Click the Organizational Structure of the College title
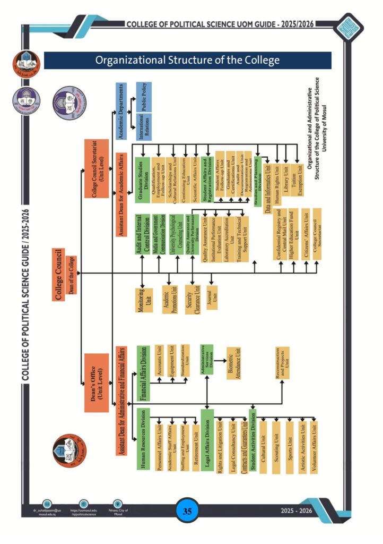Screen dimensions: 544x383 [187, 60]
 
